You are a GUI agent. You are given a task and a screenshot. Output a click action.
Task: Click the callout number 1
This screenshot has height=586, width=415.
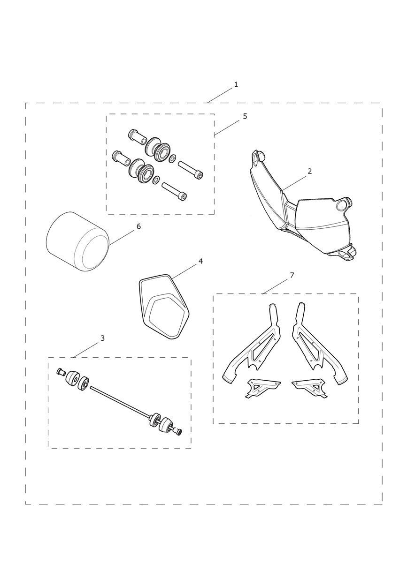pos(236,84)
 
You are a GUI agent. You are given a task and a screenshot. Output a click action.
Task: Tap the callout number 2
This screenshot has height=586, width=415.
pos(310,172)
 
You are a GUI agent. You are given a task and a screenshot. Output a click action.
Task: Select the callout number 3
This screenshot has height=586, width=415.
pos(102,338)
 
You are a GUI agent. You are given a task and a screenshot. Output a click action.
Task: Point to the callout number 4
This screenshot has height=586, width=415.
pos(200,261)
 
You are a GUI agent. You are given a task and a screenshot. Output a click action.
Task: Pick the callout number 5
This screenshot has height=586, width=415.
pos(245,116)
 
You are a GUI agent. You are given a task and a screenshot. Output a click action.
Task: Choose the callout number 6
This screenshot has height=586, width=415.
pos(138,226)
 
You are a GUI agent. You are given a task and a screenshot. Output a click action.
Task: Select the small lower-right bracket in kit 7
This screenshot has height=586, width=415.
pos(310,388)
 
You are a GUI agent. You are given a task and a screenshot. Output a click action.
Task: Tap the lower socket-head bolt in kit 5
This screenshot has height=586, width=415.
pos(175,191)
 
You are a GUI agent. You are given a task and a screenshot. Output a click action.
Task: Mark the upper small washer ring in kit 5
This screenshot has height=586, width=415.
pos(172,159)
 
